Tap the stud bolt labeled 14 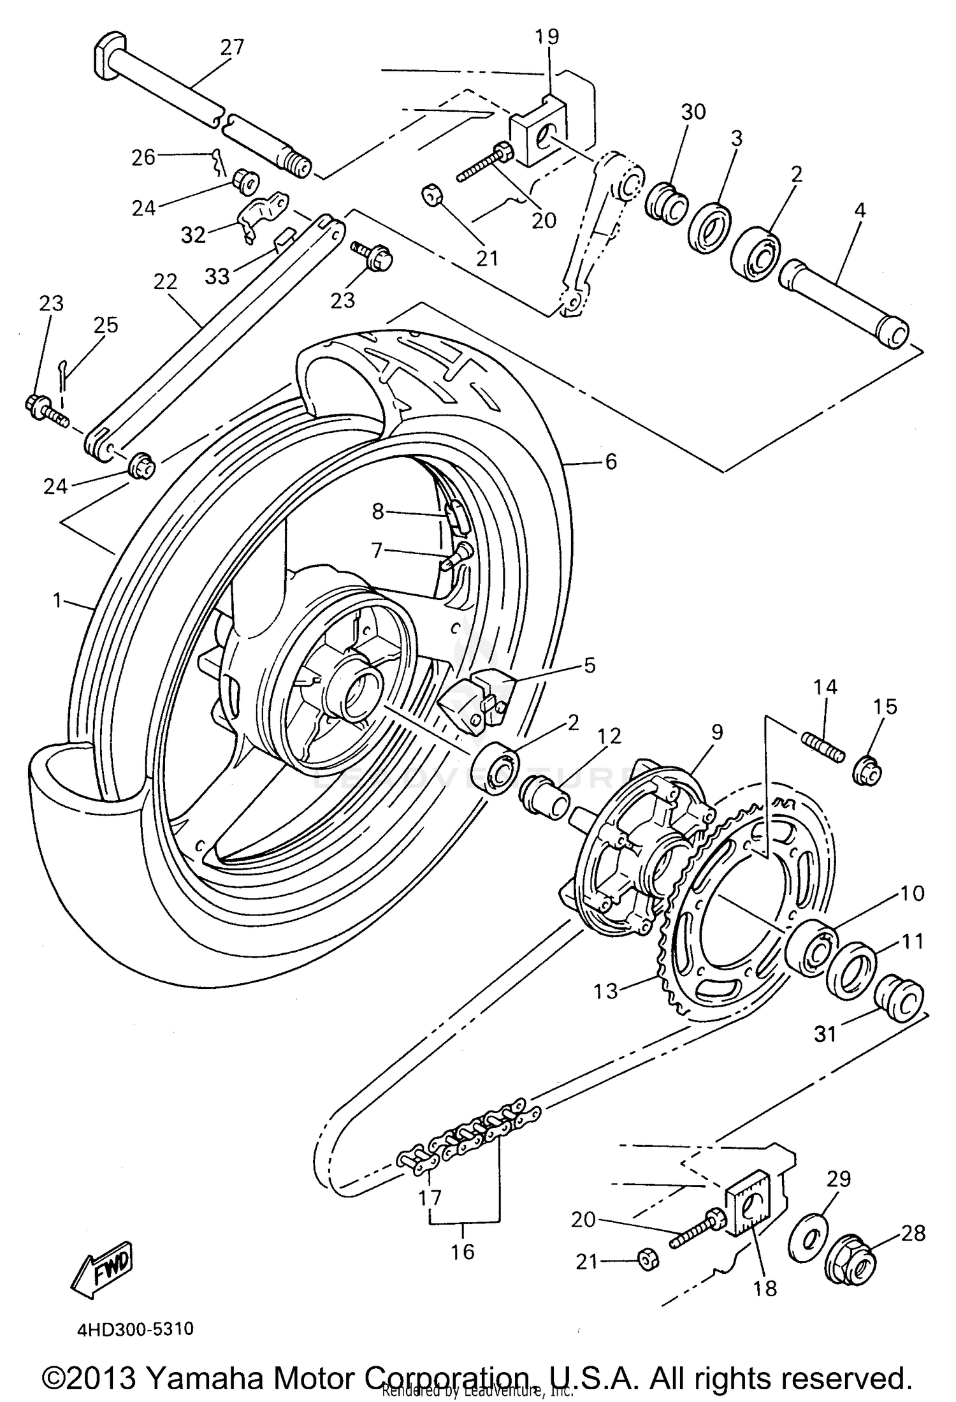click(822, 748)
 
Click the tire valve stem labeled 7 click(456, 557)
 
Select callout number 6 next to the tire click(611, 462)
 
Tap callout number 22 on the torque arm click(165, 282)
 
